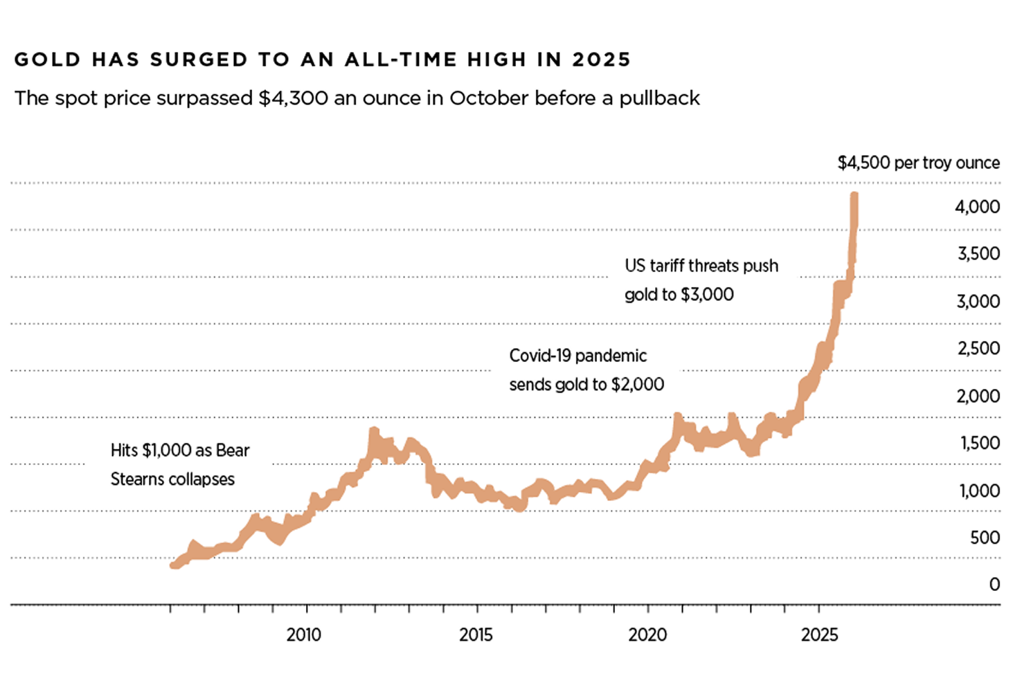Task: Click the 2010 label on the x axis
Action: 303,634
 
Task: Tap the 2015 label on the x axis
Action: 476,634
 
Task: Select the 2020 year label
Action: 647,634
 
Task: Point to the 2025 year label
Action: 819,634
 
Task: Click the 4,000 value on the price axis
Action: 977,207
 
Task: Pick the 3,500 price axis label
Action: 978,254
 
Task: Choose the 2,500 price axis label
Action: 978,348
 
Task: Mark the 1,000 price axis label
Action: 979,491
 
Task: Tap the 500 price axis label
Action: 985,538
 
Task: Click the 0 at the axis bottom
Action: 994,585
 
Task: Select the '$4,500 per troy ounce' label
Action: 918,163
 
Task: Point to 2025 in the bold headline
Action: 601,60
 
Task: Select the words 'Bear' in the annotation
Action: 233,450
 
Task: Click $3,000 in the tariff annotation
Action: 707,295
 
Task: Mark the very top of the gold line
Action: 854,195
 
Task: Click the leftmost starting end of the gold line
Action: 173,565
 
